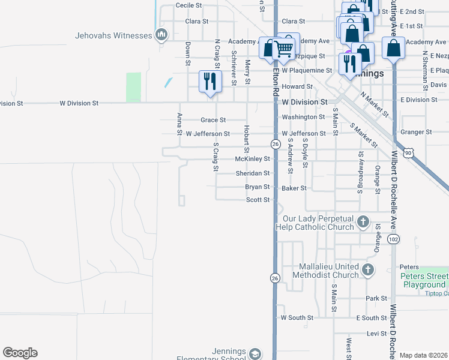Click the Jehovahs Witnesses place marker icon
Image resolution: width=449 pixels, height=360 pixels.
(161, 35)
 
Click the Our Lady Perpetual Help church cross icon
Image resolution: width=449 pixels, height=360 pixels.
(362, 223)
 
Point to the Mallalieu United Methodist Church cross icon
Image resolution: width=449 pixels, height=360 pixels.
(368, 271)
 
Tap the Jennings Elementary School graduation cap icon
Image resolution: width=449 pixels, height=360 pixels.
(255, 354)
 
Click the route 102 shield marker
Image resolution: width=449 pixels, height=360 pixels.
(393, 239)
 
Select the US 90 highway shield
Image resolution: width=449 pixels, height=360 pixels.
(409, 154)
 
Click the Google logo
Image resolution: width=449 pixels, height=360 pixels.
(20, 353)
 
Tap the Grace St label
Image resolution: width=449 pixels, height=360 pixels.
(213, 120)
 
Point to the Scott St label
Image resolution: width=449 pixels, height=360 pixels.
(258, 200)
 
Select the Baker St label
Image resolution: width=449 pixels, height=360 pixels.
(294, 188)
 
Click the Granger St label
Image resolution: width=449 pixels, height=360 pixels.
(420, 132)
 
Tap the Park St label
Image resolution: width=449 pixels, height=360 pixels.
(376, 298)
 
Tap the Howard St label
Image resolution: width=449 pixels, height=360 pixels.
(302, 86)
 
